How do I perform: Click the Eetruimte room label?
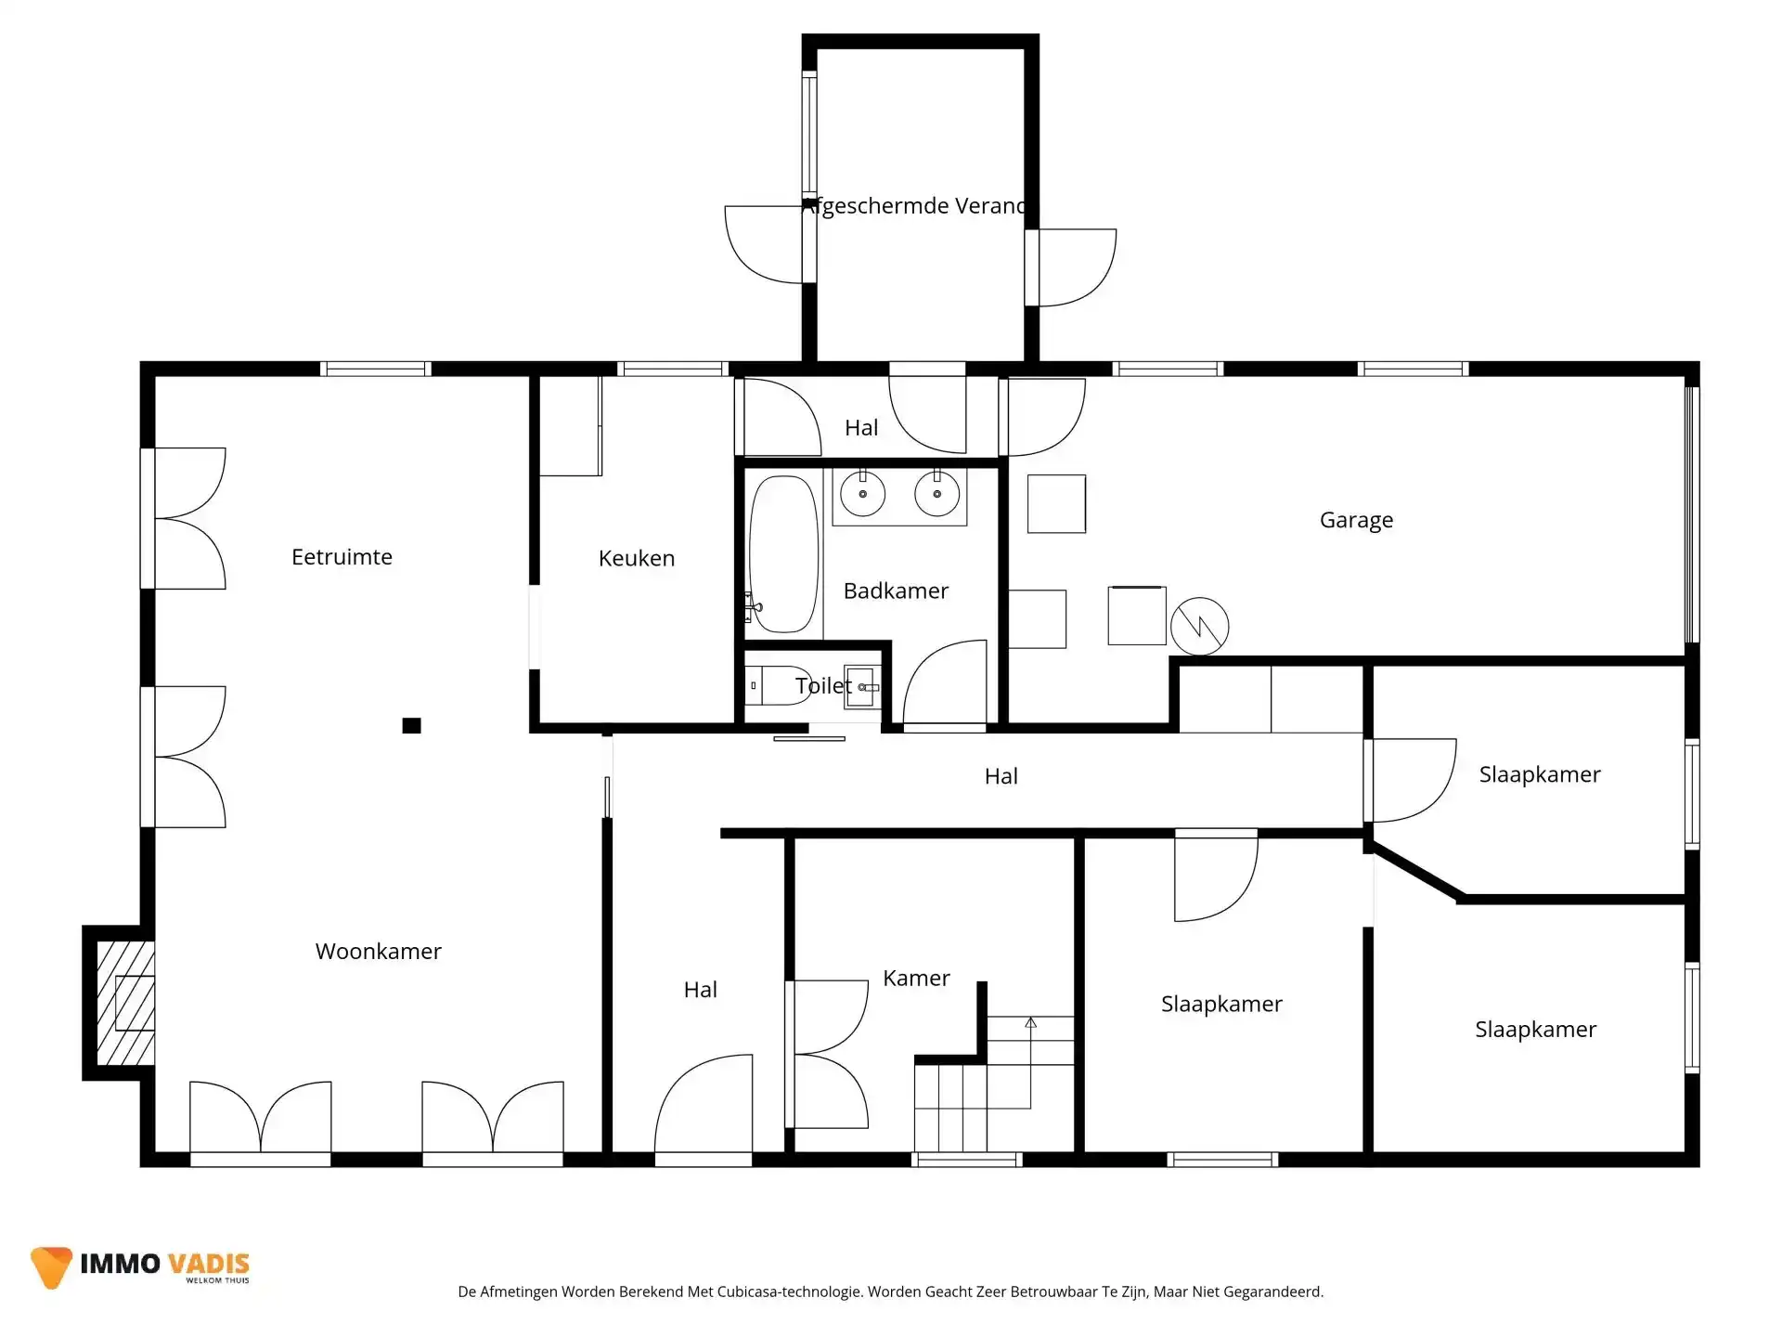coord(342,557)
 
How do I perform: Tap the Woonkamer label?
coord(378,952)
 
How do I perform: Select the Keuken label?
coord(636,558)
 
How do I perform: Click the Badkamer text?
coord(896,591)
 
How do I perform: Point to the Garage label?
coord(1356,520)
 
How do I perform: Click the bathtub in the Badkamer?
coord(783,554)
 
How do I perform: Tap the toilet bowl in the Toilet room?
coord(784,686)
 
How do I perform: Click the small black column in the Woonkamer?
coord(411,726)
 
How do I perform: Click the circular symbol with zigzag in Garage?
coord(1199,627)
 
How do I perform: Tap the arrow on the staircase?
coord(1030,1023)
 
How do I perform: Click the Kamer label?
coord(916,979)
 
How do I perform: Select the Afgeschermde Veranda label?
coord(915,206)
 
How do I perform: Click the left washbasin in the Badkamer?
coord(862,493)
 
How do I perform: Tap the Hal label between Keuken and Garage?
coord(860,428)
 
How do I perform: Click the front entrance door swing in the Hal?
coord(703,1105)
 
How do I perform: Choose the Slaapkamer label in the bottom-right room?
coord(1535,1030)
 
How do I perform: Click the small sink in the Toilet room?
coord(859,687)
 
